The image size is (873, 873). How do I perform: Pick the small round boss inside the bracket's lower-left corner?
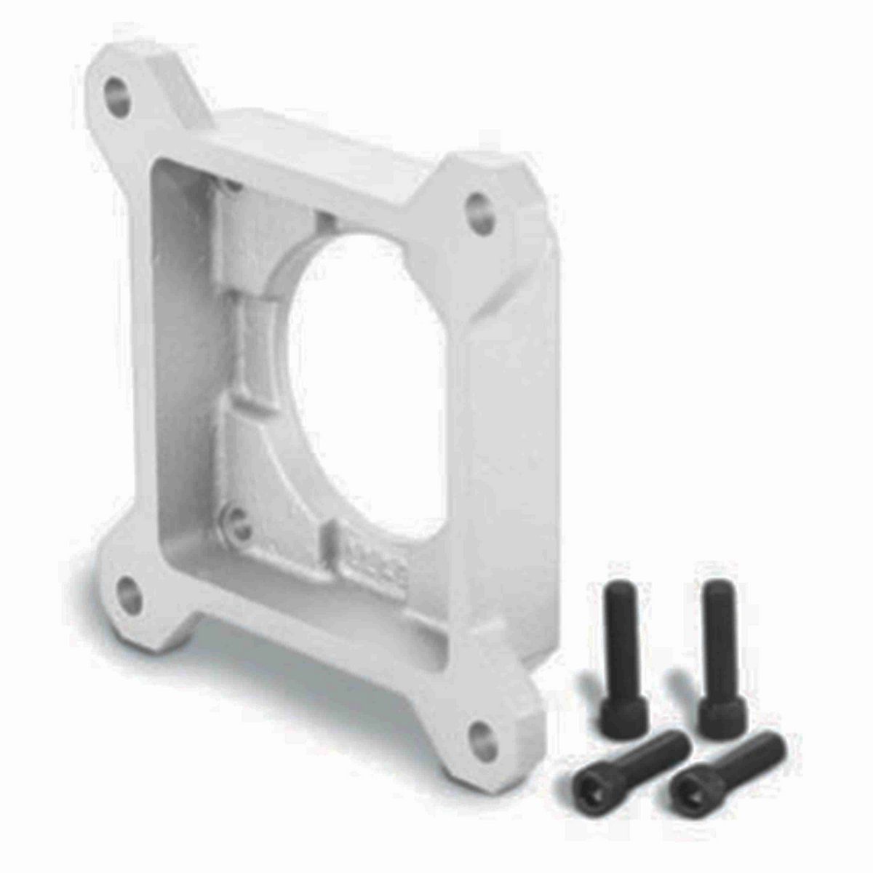click(234, 519)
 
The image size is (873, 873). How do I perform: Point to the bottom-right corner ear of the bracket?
click(495, 720)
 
